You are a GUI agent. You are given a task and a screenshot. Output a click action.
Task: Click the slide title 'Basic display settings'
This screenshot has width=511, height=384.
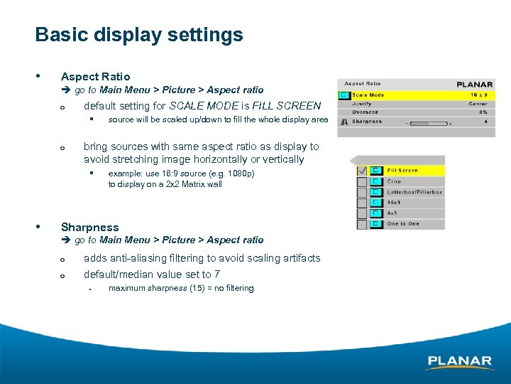pos(139,35)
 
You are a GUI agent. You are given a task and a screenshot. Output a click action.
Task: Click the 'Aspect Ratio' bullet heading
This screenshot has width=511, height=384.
pos(96,76)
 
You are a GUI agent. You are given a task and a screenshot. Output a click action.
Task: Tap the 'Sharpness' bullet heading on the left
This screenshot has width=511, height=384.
pos(90,228)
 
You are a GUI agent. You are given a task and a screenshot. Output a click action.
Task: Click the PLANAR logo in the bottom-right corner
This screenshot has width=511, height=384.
pos(460,362)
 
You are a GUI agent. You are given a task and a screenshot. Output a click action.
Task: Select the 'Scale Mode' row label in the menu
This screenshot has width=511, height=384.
pos(368,95)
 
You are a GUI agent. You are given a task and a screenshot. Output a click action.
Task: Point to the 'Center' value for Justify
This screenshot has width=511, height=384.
pos(478,104)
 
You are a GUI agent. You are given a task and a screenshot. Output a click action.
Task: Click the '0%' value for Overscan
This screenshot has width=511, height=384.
pos(483,112)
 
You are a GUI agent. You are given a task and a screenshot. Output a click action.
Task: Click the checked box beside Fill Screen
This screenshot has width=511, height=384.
pos(362,171)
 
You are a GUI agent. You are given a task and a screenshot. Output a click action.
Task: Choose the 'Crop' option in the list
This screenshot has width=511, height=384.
pos(394,181)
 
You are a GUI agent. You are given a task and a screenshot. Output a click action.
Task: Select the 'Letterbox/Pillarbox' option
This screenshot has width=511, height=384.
pos(414,192)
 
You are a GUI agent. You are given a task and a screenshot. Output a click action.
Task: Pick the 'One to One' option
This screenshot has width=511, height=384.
pos(403,224)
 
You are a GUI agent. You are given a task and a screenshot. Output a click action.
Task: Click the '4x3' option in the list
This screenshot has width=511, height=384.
pos(392,213)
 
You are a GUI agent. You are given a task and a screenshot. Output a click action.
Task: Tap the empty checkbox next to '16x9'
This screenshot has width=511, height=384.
pos(362,203)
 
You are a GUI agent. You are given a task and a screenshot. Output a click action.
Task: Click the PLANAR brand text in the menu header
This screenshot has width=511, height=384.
pos(475,84)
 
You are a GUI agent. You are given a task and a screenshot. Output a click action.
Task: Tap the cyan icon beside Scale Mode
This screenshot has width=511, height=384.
pos(344,95)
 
